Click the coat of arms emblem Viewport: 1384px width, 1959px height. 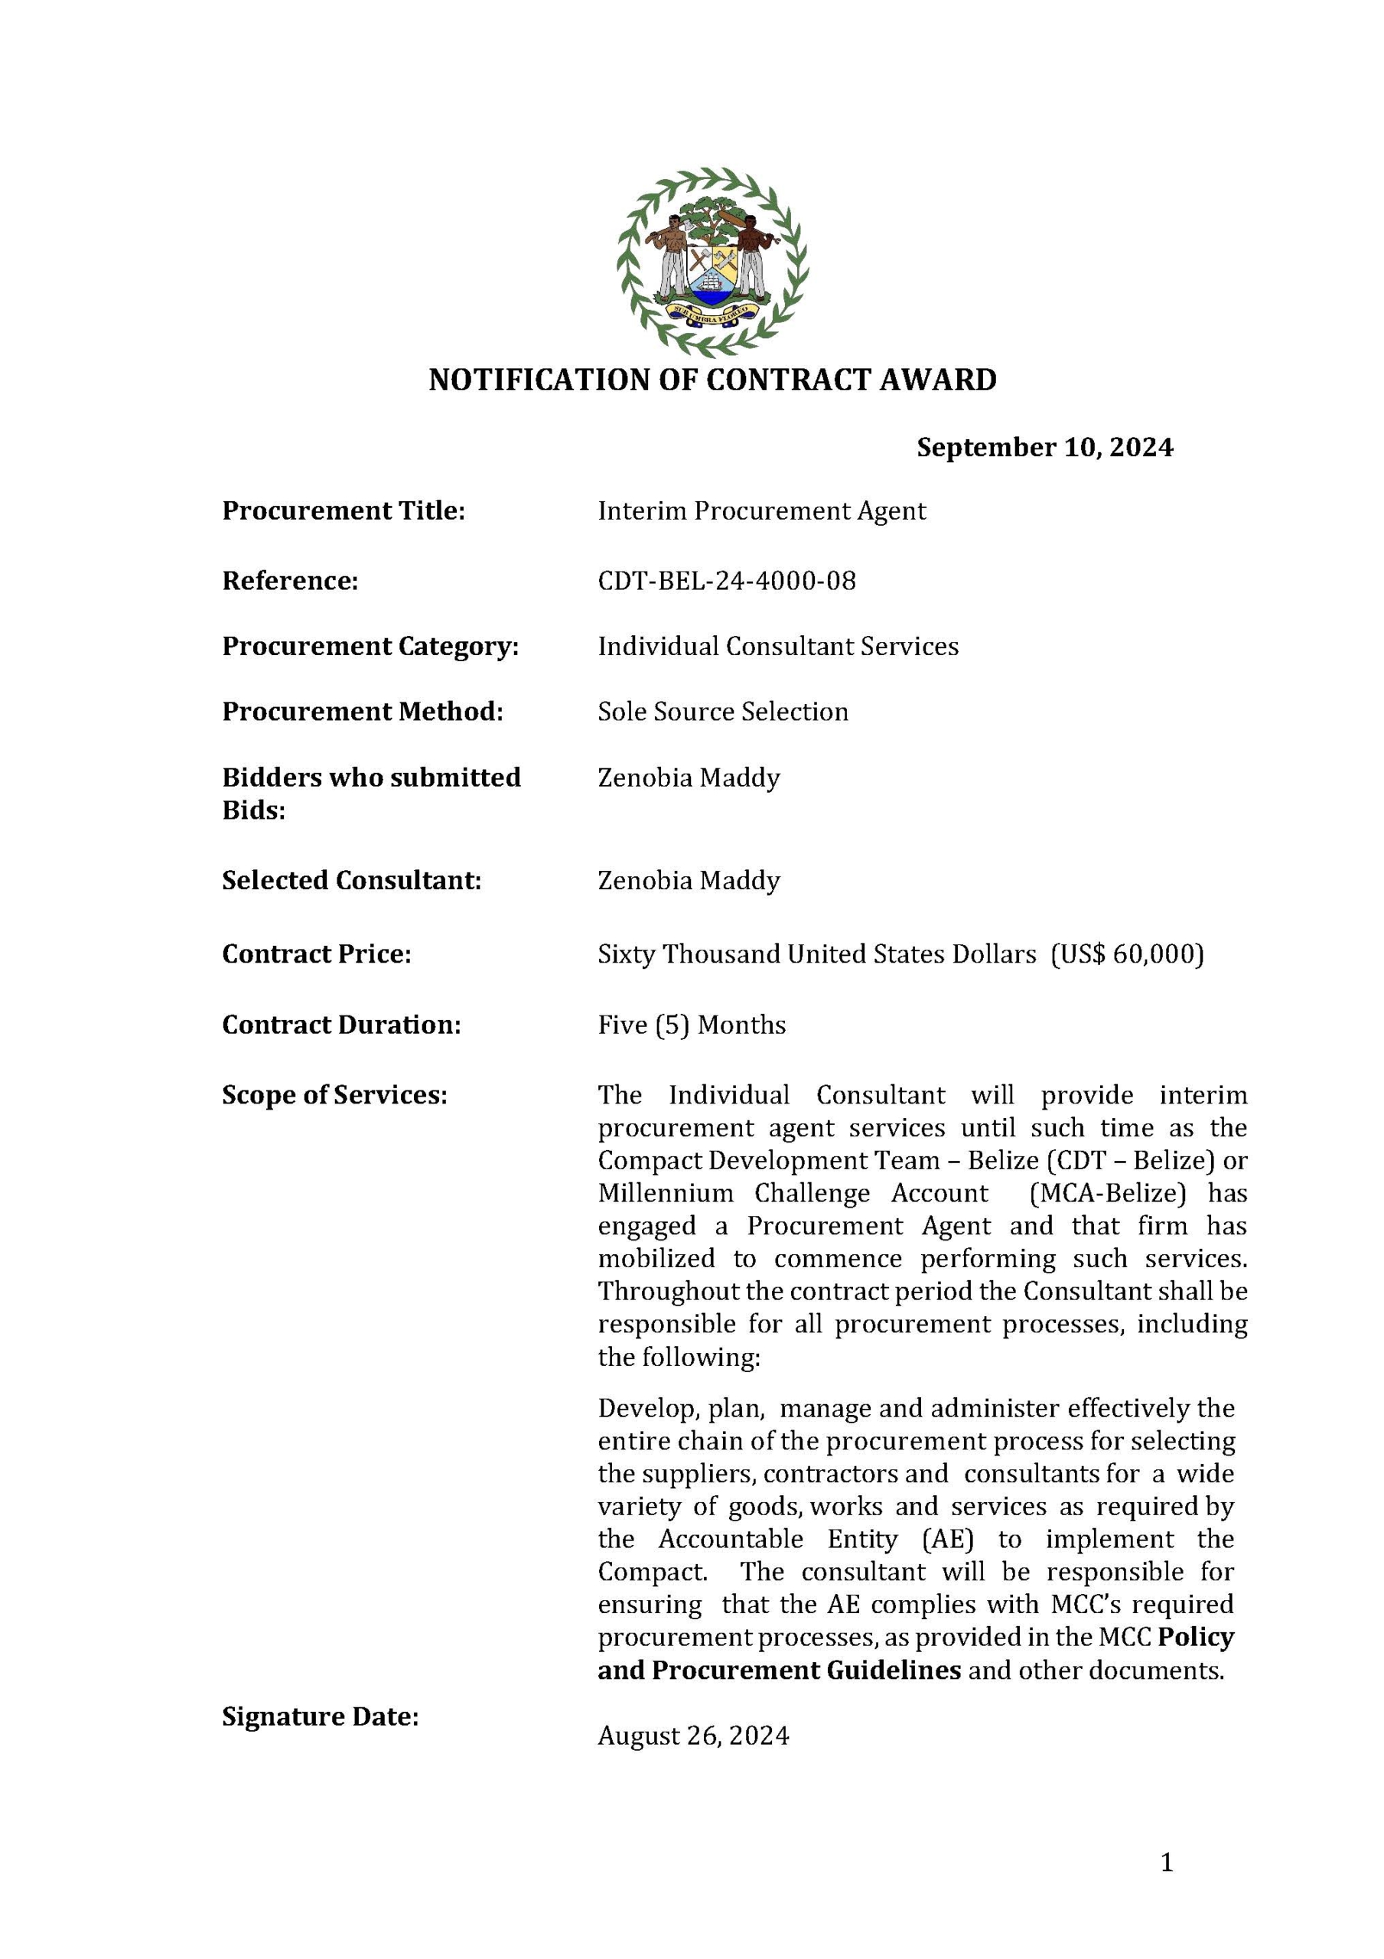point(712,260)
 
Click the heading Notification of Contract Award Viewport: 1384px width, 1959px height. point(712,380)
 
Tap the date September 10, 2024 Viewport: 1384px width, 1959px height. point(1044,447)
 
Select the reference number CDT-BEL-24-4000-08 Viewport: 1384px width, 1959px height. point(726,581)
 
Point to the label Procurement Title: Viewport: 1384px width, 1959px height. point(343,511)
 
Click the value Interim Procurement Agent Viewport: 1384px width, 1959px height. point(761,511)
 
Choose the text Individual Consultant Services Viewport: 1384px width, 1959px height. point(777,646)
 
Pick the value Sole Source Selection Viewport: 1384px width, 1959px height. point(723,712)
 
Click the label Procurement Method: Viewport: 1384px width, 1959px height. point(363,712)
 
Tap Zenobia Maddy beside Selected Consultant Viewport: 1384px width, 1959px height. point(689,881)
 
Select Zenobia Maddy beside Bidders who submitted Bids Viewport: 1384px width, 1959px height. point(689,778)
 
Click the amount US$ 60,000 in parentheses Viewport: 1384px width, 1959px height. point(1127,954)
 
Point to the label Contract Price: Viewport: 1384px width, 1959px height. point(317,954)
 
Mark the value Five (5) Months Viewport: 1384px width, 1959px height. point(691,1025)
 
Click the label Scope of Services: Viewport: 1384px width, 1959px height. point(334,1096)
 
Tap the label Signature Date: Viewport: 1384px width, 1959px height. point(320,1716)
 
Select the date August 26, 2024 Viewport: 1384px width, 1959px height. point(693,1736)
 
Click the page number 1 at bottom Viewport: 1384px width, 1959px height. point(1167,1863)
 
